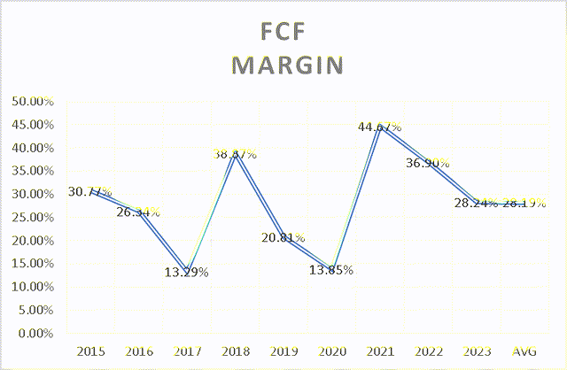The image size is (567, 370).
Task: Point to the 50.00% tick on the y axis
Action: click(31, 101)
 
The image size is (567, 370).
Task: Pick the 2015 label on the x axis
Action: click(91, 352)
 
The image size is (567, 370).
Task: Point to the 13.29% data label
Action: click(187, 273)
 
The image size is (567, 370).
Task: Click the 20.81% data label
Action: click(283, 238)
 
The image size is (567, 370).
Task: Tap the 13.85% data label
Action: click(331, 270)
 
